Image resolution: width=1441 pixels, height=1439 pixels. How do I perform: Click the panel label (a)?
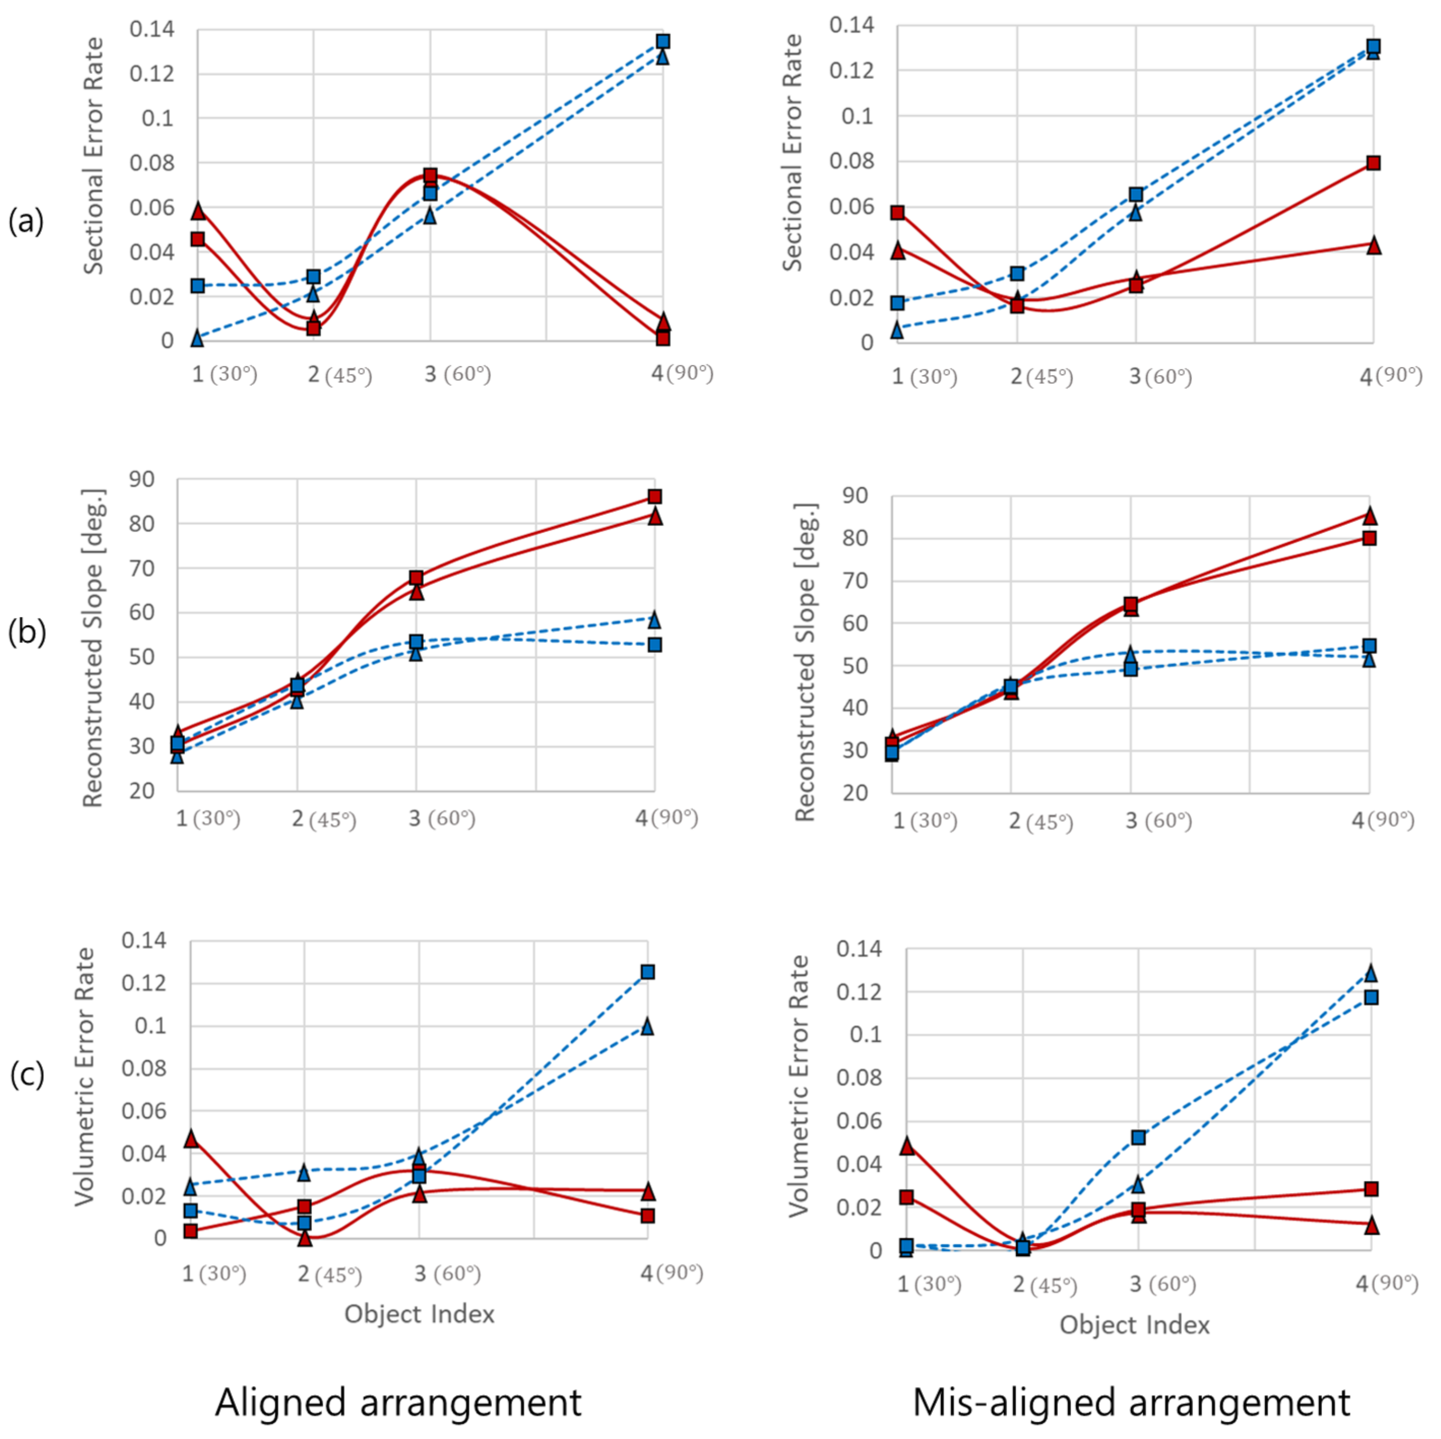[26, 222]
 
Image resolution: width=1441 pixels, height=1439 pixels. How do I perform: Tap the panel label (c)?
[27, 1075]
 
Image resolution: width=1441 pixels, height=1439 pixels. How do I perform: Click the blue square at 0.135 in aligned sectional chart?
[662, 41]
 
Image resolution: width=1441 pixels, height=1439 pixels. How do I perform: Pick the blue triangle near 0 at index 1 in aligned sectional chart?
[197, 339]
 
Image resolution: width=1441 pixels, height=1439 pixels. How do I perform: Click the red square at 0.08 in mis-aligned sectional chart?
[1373, 163]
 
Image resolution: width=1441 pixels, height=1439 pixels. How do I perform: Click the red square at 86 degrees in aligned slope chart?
[654, 497]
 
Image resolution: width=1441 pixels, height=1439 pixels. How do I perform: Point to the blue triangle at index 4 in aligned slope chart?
[654, 620]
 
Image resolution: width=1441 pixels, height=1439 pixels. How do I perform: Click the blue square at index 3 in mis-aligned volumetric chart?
[1138, 1138]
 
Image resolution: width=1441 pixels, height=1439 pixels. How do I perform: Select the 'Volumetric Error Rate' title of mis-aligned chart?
[799, 1086]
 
